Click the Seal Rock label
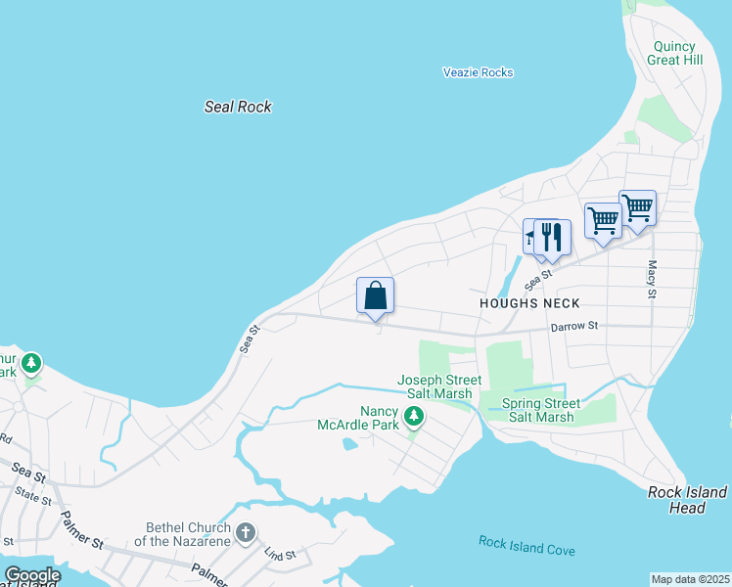tap(238, 107)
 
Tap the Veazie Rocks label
tap(477, 72)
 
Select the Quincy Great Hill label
tap(674, 53)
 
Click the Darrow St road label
tap(573, 328)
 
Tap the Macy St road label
tap(651, 280)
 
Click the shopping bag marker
tap(375, 295)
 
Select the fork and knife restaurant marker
tap(552, 238)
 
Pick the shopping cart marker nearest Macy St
tap(637, 208)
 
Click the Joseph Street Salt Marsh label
tap(439, 386)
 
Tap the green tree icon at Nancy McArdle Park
tap(415, 418)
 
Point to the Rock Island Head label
tap(688, 500)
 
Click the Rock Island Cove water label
tap(526, 547)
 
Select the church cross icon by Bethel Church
tap(245, 533)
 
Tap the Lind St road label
tap(281, 555)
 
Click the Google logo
tap(32, 575)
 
